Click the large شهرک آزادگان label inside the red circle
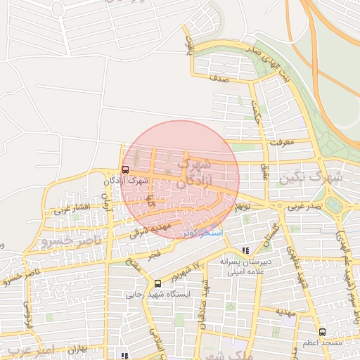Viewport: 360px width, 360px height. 193,173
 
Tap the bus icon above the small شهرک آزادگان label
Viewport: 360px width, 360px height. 125,169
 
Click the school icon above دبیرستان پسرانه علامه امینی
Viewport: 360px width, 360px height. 245,250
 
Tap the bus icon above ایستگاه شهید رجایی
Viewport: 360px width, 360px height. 157,284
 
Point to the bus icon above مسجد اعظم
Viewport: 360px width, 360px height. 322,331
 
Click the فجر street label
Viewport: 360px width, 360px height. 153,254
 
